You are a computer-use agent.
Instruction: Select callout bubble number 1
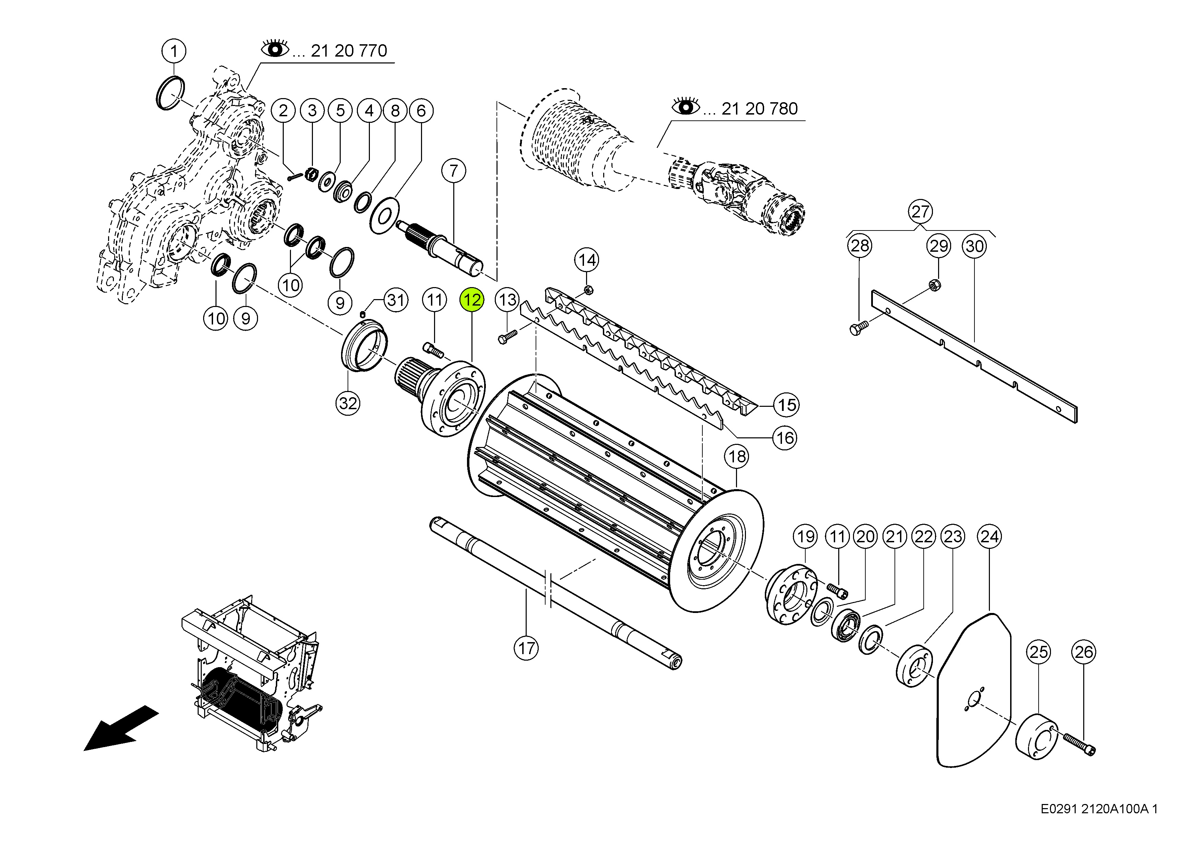pos(174,51)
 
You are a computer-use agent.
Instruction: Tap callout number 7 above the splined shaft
pos(454,170)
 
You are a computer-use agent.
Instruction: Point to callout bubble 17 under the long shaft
pos(526,649)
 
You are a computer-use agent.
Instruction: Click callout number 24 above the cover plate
pos(990,536)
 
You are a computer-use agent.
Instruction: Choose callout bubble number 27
pos(920,212)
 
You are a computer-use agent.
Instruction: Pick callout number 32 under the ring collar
pos(348,403)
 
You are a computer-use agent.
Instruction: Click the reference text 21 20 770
pos(349,51)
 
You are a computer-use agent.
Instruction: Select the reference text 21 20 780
pos(759,109)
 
